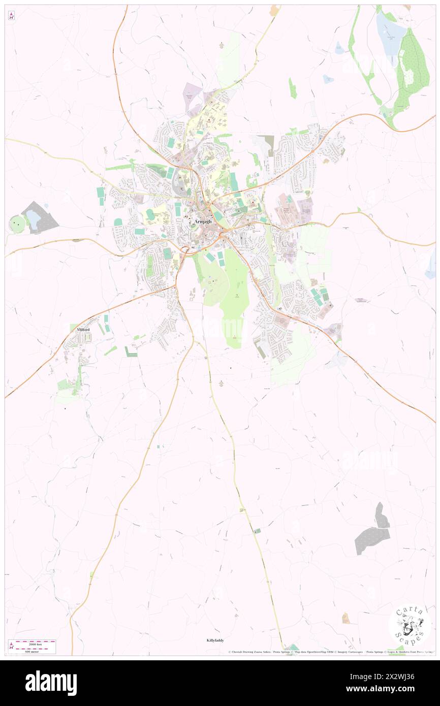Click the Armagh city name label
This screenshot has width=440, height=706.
point(202,222)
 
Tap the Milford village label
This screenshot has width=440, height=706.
point(82,330)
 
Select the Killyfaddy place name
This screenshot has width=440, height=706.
point(215,640)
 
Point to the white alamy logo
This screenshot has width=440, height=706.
point(51,683)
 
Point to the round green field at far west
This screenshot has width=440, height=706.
point(17,223)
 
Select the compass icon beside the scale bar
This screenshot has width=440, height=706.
point(11,646)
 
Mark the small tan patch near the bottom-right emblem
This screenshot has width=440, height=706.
point(345,618)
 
